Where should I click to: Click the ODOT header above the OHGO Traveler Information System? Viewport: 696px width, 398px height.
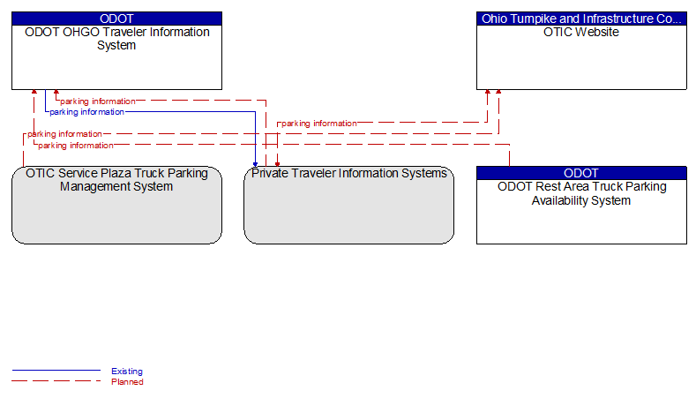(116, 19)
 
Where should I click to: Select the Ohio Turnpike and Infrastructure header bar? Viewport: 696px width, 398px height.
(581, 19)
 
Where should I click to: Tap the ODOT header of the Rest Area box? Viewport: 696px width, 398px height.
(581, 173)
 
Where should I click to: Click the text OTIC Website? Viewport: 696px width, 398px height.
(581, 32)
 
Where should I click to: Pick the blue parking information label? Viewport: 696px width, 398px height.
(87, 112)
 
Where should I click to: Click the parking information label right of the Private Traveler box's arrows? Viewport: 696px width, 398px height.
(319, 124)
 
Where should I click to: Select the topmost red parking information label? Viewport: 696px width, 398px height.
(98, 101)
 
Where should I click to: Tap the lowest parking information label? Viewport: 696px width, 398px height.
(76, 146)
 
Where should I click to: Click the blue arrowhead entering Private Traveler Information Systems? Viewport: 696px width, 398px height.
(255, 164)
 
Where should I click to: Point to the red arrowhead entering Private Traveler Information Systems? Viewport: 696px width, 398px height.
(277, 164)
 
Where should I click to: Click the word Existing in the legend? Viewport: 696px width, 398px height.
(127, 372)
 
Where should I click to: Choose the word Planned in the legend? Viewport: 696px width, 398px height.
(127, 382)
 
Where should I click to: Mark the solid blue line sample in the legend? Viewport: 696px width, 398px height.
(56, 370)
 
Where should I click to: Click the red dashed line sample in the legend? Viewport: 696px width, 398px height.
(56, 380)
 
